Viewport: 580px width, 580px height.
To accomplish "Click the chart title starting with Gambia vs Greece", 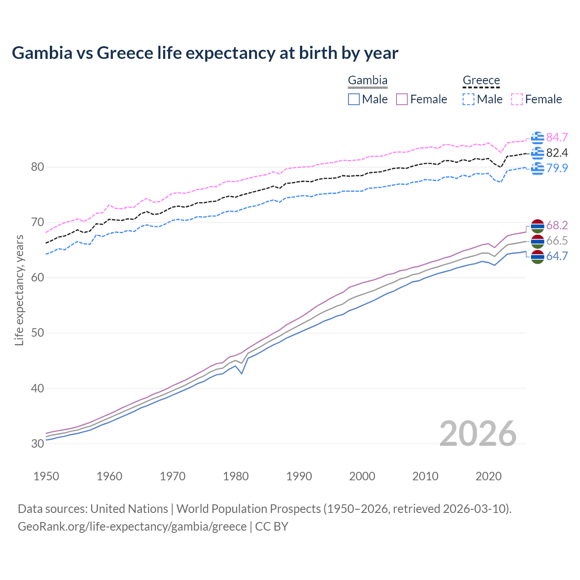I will tap(205, 53).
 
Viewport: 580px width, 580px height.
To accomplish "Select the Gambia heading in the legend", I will tap(367, 81).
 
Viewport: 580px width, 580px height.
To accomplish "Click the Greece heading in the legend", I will tap(481, 81).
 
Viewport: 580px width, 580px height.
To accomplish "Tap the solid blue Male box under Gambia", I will tap(354, 99).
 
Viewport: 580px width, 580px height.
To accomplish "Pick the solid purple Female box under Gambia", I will tap(402, 99).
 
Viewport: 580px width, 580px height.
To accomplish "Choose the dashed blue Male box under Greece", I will tap(469, 99).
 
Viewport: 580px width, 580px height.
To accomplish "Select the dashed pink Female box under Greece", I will tap(517, 99).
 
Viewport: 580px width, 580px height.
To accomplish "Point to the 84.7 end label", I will tap(557, 137).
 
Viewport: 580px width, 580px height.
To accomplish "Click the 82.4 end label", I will tap(557, 153).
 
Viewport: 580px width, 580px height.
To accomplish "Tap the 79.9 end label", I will tap(557, 168).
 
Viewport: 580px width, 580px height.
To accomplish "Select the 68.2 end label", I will tap(557, 225).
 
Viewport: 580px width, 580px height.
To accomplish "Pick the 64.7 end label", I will tap(557, 256).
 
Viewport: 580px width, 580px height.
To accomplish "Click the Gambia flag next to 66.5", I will tap(537, 241).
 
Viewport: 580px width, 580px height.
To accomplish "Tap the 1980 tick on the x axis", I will tap(236, 476).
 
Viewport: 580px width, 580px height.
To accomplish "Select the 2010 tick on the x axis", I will tap(425, 476).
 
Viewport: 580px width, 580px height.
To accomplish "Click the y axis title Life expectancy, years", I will tap(19, 290).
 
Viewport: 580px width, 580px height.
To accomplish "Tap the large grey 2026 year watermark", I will tap(478, 434).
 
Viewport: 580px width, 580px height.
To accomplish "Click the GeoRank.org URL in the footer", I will tap(132, 527).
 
